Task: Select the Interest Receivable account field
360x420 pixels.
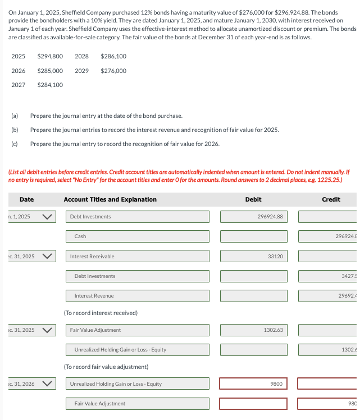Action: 138,256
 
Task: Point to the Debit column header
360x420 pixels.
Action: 253,199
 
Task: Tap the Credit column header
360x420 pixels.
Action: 331,199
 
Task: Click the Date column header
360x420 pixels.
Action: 26,199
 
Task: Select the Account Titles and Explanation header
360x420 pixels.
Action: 110,199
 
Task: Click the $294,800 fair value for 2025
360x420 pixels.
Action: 50,57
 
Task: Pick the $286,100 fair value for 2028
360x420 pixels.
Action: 113,57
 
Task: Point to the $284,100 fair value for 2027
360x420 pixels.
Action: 50,85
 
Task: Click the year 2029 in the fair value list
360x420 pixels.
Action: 81,71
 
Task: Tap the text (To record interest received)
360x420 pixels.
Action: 101,313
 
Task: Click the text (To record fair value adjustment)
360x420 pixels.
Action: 106,351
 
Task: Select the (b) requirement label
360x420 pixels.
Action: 15,130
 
